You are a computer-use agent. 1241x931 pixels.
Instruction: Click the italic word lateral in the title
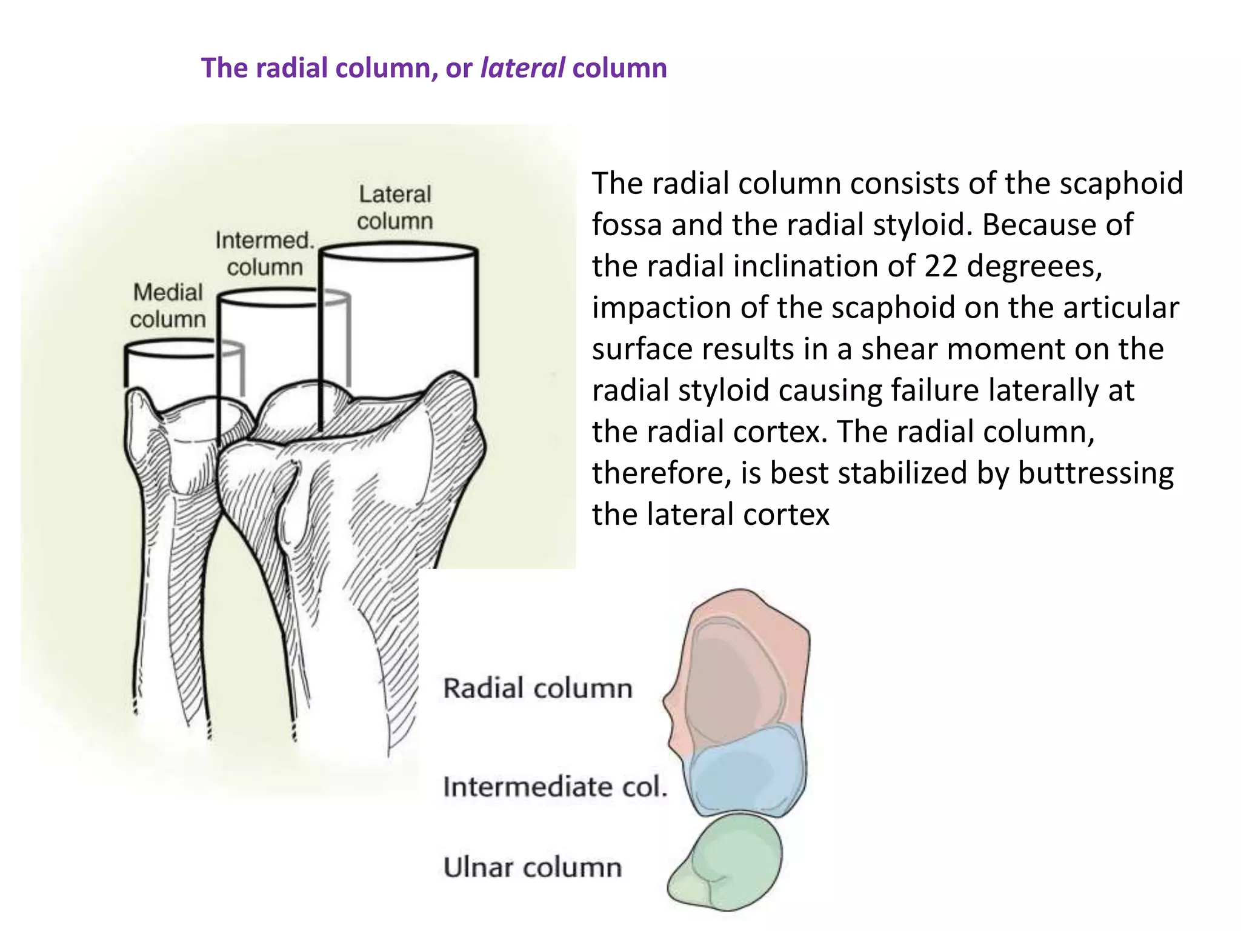click(x=522, y=67)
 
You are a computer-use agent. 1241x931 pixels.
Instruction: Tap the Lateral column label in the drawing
click(x=394, y=207)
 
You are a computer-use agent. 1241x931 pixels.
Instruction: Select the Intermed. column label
click(x=265, y=253)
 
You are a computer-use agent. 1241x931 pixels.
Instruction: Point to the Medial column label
click(x=168, y=305)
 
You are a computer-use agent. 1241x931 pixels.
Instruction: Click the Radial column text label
click(x=537, y=689)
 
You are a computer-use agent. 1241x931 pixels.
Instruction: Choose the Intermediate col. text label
click(x=554, y=787)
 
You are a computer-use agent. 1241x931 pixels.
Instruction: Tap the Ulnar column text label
click(x=533, y=867)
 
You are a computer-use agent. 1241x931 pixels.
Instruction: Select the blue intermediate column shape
click(x=745, y=773)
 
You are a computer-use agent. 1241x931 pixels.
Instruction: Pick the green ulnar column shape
click(x=727, y=861)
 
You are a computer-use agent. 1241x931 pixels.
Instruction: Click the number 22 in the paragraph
click(x=940, y=266)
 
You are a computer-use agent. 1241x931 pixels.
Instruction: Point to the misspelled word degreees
click(x=1034, y=266)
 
